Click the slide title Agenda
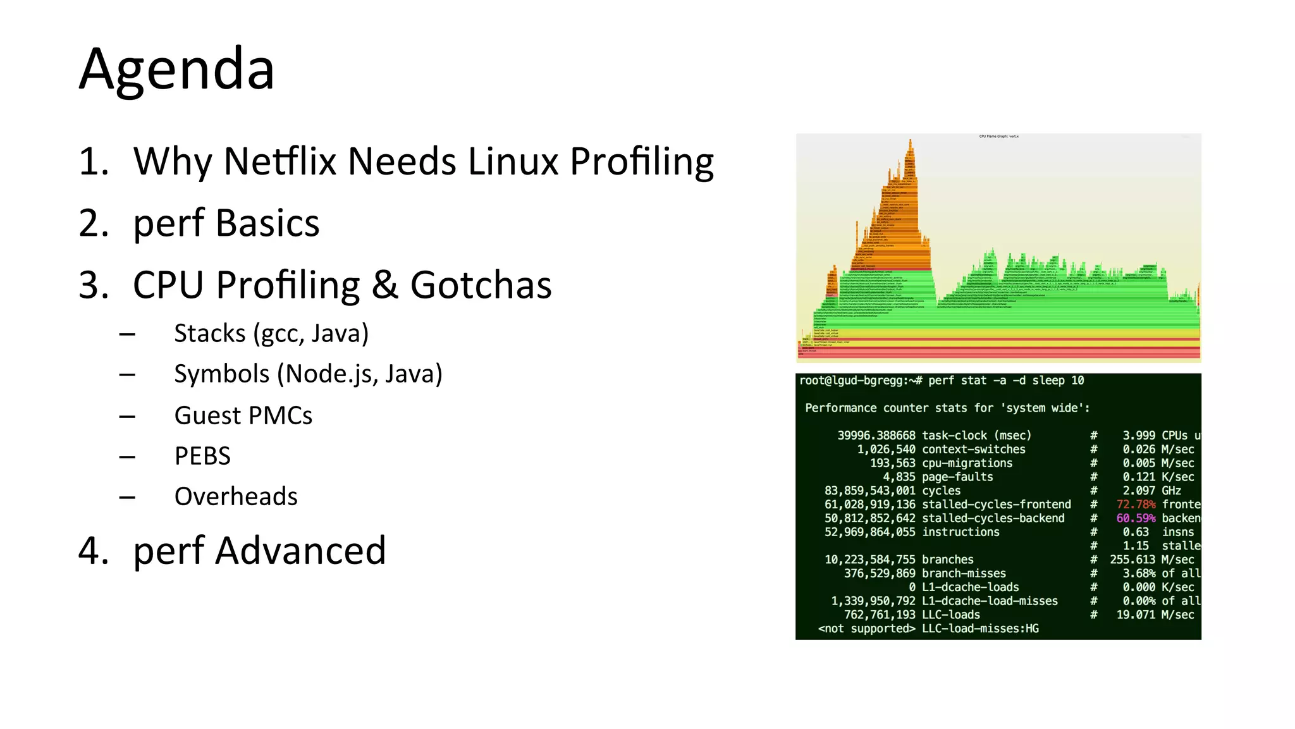point(176,70)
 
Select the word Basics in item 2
point(267,223)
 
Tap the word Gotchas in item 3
point(481,285)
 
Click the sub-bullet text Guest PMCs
point(243,416)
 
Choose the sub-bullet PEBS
point(202,456)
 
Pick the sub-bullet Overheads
point(236,496)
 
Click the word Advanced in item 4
point(300,551)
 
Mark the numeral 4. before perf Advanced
point(94,551)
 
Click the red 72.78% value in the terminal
point(1136,505)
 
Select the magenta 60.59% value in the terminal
point(1136,518)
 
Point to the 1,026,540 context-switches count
point(886,450)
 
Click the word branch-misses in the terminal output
point(964,573)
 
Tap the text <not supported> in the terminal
point(866,628)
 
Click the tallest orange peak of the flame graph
point(911,149)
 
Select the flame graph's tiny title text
point(998,137)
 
